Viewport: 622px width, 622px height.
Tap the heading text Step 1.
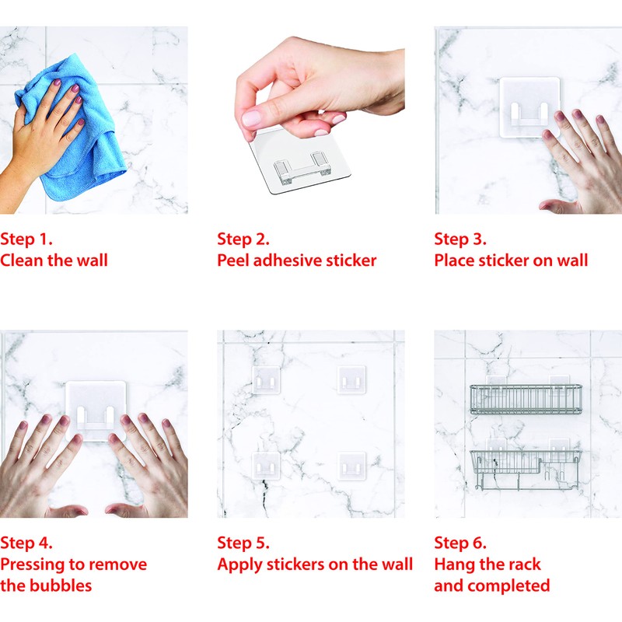pyautogui.click(x=26, y=239)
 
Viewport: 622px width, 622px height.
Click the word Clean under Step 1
pyautogui.click(x=22, y=260)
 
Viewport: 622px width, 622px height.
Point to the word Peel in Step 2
pyautogui.click(x=232, y=260)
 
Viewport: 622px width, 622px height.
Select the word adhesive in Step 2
pyautogui.click(x=287, y=260)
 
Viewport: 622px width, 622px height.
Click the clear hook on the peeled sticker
pyautogui.click(x=302, y=169)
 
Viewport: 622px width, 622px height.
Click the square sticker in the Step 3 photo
pyautogui.click(x=529, y=107)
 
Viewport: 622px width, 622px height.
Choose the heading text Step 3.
pyautogui.click(x=460, y=239)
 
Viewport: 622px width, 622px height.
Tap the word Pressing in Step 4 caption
pyautogui.click(x=33, y=564)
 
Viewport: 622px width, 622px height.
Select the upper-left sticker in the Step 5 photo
pyautogui.click(x=266, y=379)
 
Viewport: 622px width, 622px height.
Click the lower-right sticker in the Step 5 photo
pyautogui.click(x=351, y=466)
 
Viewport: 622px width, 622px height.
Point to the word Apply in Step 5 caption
pyautogui.click(x=239, y=565)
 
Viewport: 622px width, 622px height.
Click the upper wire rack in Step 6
pyautogui.click(x=526, y=399)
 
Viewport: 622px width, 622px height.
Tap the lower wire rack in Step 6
pyautogui.click(x=526, y=470)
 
